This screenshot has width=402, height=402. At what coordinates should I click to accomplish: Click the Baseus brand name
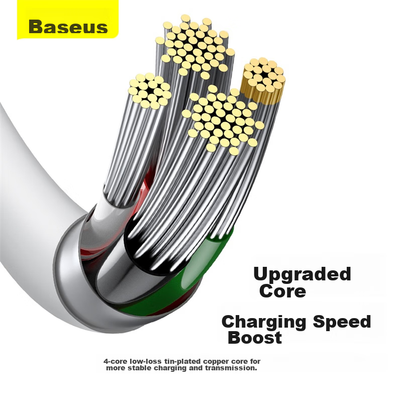coord(68,27)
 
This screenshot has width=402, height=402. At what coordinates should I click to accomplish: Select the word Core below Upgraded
coord(282,291)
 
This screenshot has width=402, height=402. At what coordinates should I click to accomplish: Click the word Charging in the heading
coord(264,323)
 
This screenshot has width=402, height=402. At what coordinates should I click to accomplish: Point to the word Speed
coord(342,323)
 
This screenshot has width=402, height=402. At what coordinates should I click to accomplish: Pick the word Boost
coord(255,338)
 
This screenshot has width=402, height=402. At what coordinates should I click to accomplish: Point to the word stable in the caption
coord(140,368)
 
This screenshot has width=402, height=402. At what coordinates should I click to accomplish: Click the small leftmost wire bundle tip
coord(150,91)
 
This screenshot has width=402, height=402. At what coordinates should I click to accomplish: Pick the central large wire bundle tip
coord(223,121)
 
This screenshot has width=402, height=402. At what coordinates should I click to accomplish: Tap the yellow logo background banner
coord(68,20)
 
